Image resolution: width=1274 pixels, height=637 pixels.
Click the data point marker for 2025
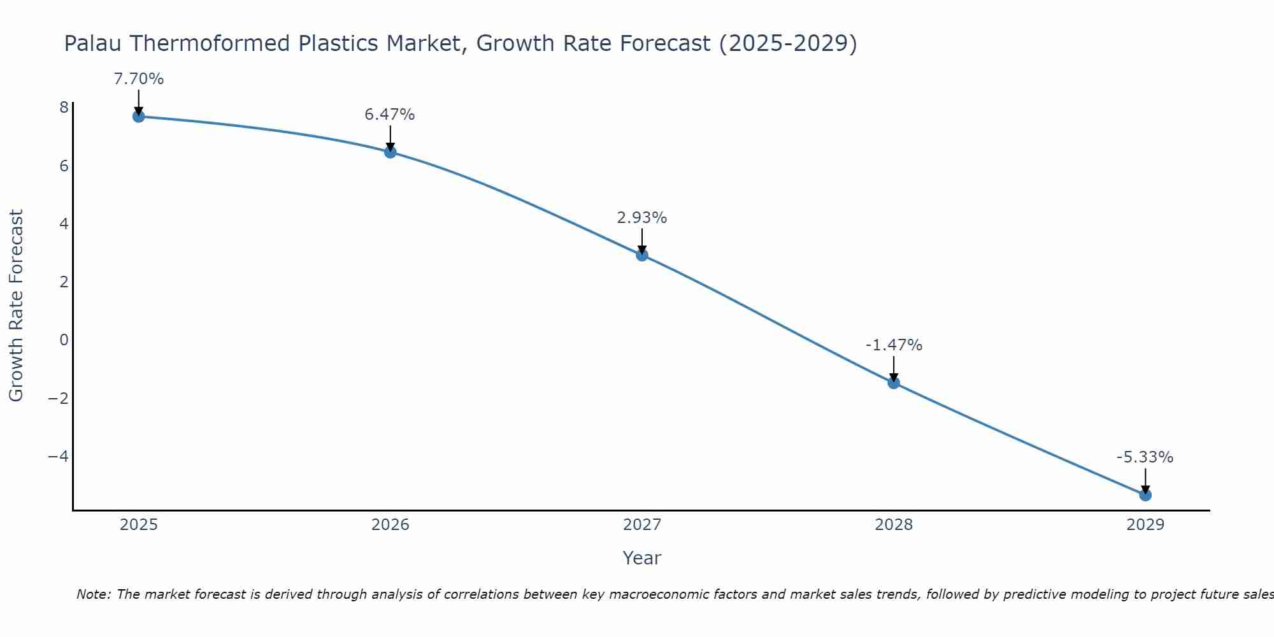tap(138, 117)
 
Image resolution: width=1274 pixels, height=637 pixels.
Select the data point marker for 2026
tap(390, 152)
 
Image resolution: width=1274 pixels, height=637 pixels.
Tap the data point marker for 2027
tap(642, 255)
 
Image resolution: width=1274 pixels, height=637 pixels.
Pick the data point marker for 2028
tap(894, 383)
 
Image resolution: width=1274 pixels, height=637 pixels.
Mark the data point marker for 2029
tap(1145, 495)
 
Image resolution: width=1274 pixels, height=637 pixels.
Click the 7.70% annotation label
tap(138, 79)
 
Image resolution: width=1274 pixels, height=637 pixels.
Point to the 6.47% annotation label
tap(390, 115)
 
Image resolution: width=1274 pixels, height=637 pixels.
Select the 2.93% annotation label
tap(642, 218)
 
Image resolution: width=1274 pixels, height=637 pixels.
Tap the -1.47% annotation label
tap(894, 345)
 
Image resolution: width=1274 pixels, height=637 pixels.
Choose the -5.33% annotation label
tap(1145, 457)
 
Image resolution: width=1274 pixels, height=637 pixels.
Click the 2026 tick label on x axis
tap(390, 525)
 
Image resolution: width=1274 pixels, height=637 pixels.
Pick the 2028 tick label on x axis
tap(894, 525)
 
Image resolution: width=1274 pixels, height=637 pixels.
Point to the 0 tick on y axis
tap(64, 340)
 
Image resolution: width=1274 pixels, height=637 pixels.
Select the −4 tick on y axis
tap(59, 457)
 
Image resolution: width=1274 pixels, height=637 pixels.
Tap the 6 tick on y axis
tap(64, 166)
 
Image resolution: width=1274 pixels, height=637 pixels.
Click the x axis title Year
tap(642, 558)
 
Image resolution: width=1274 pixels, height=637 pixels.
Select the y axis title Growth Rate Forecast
tap(16, 306)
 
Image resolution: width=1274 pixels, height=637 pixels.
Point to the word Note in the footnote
tap(94, 594)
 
